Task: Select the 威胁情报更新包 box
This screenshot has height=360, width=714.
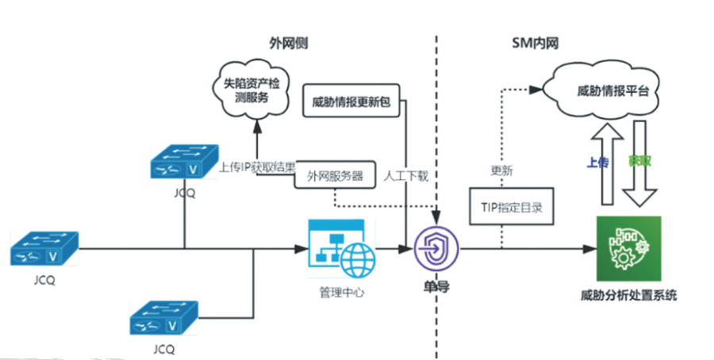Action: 352,101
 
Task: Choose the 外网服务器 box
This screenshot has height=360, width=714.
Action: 335,176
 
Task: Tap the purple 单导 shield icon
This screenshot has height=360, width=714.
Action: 437,248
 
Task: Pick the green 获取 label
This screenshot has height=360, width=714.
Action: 640,161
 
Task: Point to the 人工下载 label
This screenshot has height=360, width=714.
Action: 405,176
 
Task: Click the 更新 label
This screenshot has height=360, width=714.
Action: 501,169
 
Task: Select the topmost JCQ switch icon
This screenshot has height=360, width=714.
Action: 184,163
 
